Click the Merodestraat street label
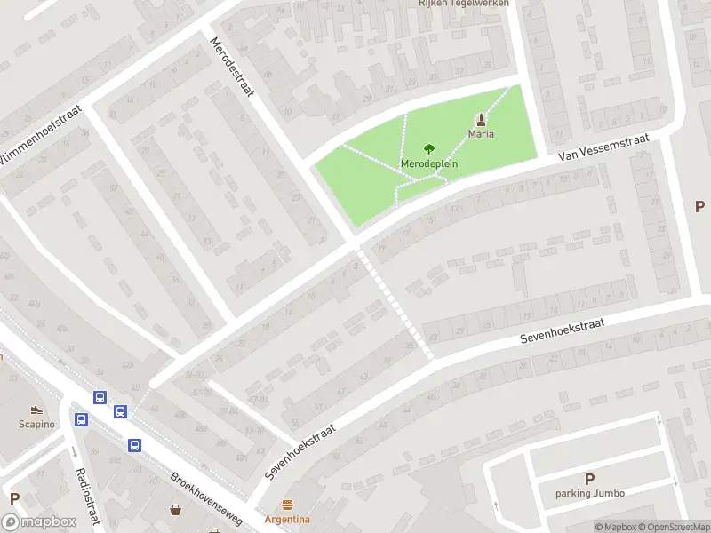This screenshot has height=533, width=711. [x=232, y=66]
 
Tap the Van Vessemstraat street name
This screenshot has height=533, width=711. [x=604, y=148]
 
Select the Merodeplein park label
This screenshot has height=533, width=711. [x=429, y=164]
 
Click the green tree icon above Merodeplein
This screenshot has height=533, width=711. [x=429, y=149]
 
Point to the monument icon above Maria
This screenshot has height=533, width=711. [x=482, y=119]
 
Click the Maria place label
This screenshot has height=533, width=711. [x=482, y=134]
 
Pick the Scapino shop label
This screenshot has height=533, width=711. [x=36, y=424]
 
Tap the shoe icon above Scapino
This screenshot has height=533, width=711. [x=36, y=410]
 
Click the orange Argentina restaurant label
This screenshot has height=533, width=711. [x=287, y=519]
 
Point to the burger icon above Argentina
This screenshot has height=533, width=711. [x=287, y=505]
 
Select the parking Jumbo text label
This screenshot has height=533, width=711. [x=589, y=493]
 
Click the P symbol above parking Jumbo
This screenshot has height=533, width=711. [x=589, y=479]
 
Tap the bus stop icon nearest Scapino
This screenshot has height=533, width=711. [x=81, y=419]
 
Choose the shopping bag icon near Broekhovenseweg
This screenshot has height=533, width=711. [x=177, y=509]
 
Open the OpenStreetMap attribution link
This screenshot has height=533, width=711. [x=670, y=528]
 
